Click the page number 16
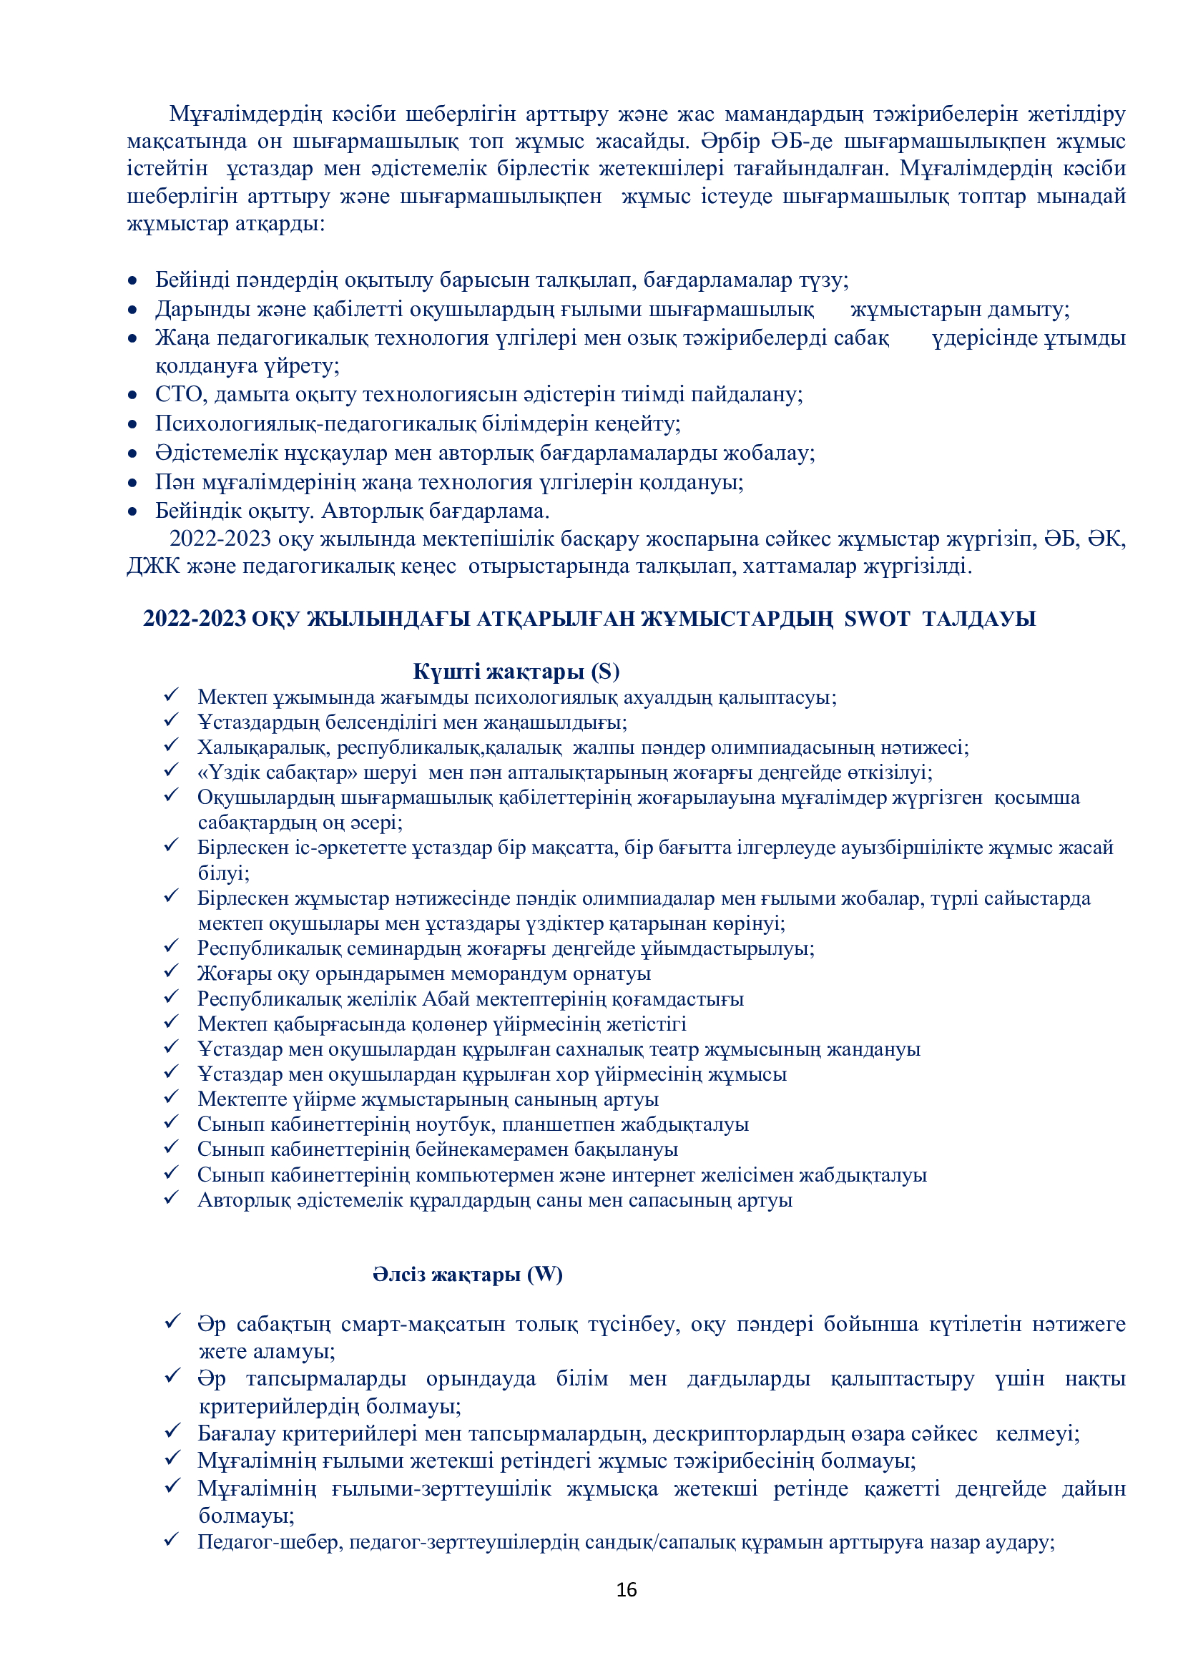pyautogui.click(x=627, y=1589)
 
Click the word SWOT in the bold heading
pyautogui.click(x=876, y=619)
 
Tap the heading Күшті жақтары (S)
pyautogui.click(x=516, y=670)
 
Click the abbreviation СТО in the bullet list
pyautogui.click(x=181, y=394)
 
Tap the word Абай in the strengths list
pyautogui.click(x=446, y=999)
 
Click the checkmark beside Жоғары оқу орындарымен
pyautogui.click(x=171, y=971)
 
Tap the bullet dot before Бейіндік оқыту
pyautogui.click(x=132, y=511)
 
